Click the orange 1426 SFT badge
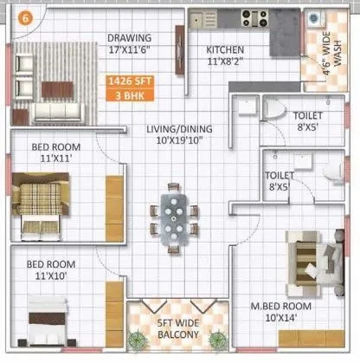click(123, 81)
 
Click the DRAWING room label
click(130, 38)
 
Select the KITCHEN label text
click(225, 50)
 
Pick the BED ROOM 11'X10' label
click(48, 269)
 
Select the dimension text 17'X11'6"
click(130, 50)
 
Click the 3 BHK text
click(123, 96)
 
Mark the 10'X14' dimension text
click(274, 317)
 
